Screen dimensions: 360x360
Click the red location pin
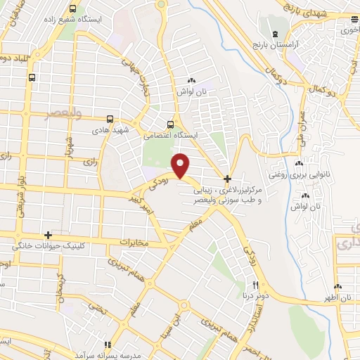coord(181,166)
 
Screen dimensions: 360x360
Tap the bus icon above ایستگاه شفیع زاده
coord(73,10)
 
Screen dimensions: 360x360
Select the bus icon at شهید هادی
coord(109,119)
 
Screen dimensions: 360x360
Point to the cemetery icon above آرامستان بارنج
coord(274,33)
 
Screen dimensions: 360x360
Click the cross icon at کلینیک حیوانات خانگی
coord(48,235)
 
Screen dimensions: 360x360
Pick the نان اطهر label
coord(338,298)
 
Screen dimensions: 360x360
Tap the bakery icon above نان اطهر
coord(338,286)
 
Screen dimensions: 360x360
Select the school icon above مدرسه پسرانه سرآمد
coord(108,345)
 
